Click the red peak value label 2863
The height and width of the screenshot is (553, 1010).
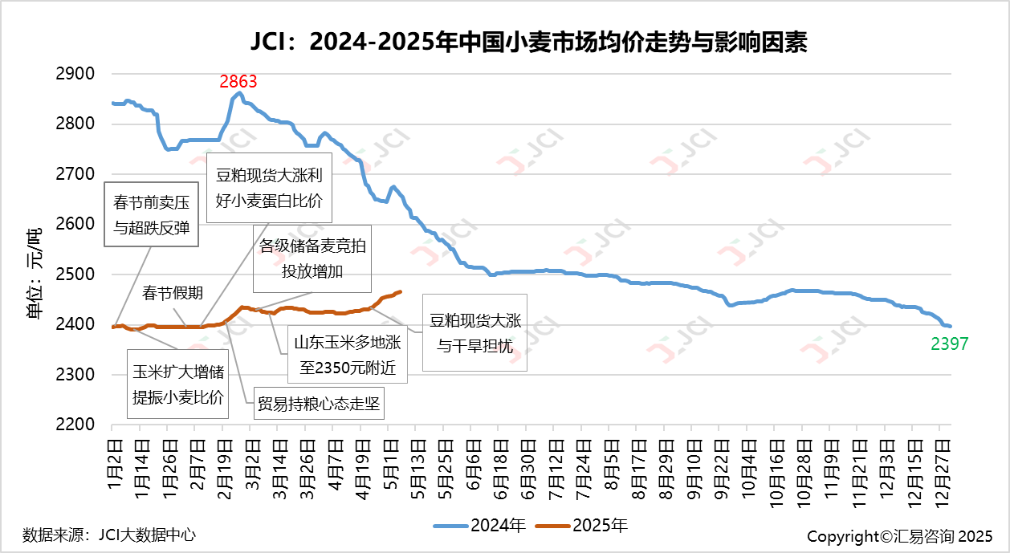click(x=238, y=81)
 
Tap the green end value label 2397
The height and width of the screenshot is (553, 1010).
click(x=950, y=344)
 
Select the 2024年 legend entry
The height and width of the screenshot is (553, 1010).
click(x=480, y=527)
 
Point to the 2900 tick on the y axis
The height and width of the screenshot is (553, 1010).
click(x=77, y=74)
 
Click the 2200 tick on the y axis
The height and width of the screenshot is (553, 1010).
click(x=77, y=425)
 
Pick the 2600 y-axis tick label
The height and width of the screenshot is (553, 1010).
click(x=77, y=224)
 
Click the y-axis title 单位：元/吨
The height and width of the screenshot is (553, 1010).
click(x=35, y=273)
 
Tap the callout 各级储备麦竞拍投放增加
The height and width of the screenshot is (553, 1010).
click(x=312, y=258)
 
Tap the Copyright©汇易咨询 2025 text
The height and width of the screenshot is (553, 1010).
click(x=900, y=535)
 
